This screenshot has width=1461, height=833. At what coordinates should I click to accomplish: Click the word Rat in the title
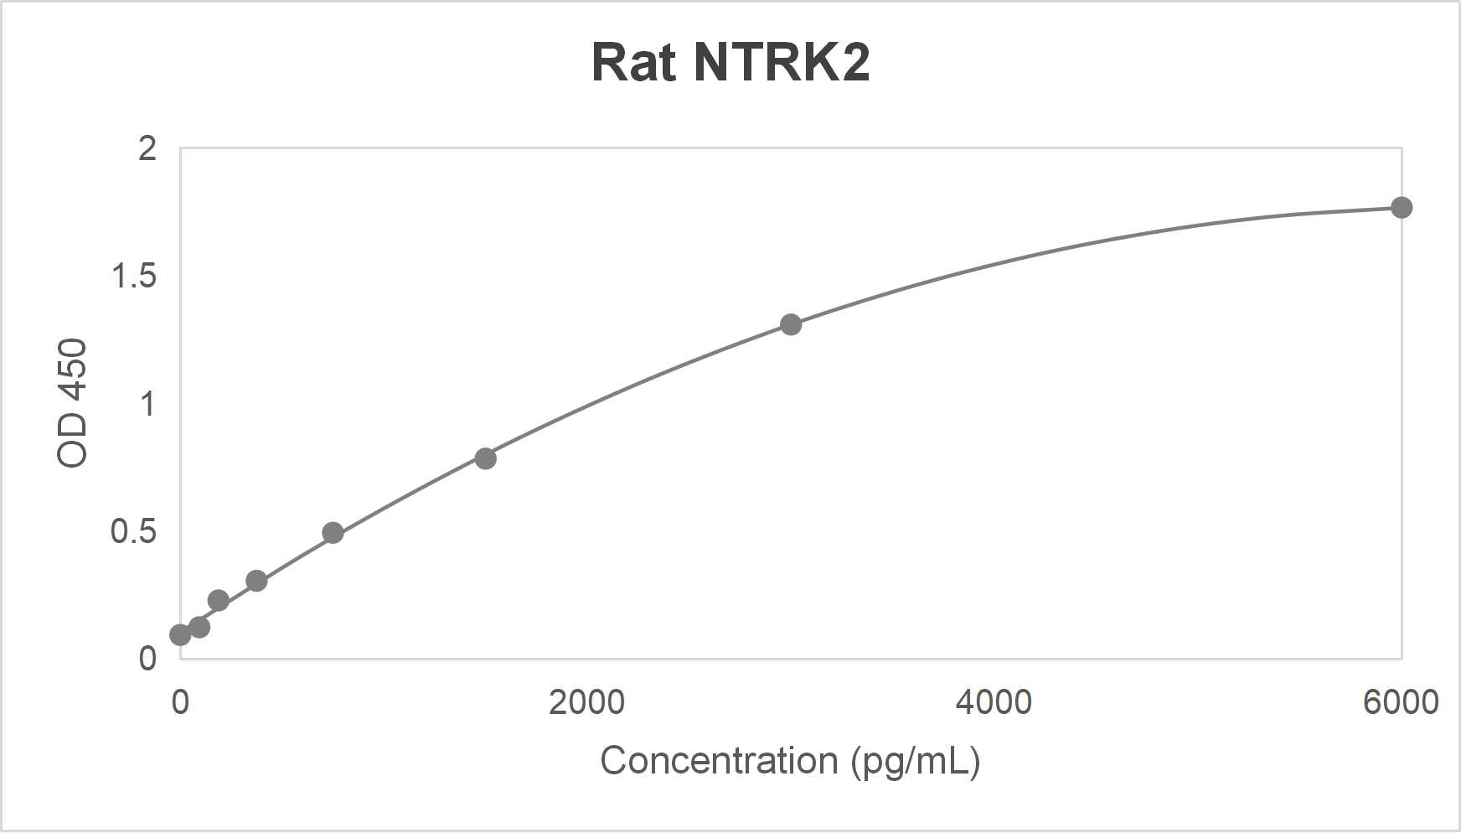[633, 63]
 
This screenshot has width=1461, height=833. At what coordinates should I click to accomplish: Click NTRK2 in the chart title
[781, 63]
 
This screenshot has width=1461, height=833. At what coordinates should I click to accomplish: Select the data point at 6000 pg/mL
[1401, 208]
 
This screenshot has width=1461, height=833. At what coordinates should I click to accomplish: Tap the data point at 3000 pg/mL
[791, 324]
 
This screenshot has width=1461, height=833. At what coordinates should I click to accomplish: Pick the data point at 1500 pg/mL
[485, 458]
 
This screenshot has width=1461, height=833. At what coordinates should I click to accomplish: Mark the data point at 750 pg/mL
[333, 533]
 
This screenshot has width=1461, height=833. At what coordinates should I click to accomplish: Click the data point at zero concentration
[180, 635]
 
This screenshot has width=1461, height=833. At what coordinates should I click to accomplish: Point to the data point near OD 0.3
[256, 581]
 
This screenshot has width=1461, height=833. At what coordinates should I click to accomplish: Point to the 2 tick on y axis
[147, 149]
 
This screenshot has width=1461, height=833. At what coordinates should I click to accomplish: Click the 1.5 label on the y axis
[134, 277]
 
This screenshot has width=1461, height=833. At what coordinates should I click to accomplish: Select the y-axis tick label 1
[148, 405]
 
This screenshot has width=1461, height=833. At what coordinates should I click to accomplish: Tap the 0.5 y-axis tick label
[134, 532]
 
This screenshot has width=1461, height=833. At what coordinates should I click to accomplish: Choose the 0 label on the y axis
[147, 659]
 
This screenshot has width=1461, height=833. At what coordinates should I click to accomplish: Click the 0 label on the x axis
[180, 702]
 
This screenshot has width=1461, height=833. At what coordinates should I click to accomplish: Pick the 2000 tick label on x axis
[586, 702]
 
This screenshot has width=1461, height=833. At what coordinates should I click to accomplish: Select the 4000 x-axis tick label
[994, 702]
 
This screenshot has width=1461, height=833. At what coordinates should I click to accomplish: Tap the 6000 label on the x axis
[1401, 702]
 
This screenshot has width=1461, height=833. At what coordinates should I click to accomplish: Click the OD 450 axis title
[72, 403]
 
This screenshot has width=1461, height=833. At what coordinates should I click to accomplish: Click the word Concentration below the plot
[719, 761]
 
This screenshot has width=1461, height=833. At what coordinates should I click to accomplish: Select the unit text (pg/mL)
[915, 761]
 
